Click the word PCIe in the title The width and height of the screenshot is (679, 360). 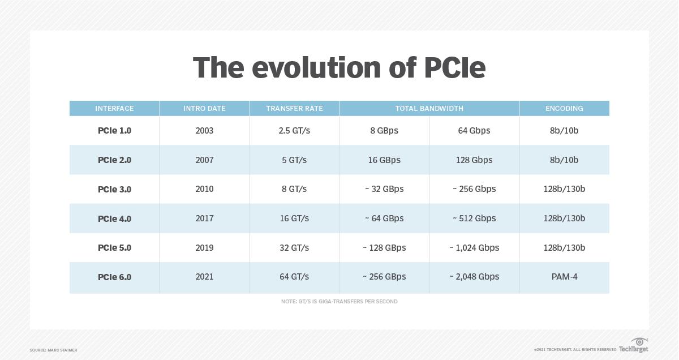click(454, 68)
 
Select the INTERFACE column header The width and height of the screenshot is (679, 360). click(114, 108)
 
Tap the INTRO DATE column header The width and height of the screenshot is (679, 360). click(204, 108)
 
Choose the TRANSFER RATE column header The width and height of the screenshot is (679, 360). click(294, 108)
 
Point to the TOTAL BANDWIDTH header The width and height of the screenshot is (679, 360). click(429, 108)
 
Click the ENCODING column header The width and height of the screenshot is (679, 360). click(564, 108)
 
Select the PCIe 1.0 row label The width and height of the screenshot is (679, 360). click(114, 131)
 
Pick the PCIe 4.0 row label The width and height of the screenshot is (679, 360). click(114, 218)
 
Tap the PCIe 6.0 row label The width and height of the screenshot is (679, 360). click(114, 277)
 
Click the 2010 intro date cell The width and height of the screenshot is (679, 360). click(204, 189)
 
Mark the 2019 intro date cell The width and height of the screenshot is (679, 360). click(204, 248)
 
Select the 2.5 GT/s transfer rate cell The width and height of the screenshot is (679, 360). click(294, 131)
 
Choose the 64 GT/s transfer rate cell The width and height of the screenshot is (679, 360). click(294, 277)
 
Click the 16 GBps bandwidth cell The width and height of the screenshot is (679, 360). click(384, 160)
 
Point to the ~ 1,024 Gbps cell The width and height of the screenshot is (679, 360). click(474, 248)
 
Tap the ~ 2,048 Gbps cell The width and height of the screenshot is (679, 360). click(474, 277)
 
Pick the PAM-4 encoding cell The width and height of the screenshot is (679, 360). click(564, 277)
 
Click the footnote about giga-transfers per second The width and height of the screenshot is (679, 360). click(339, 302)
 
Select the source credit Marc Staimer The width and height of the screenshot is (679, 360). click(53, 350)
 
